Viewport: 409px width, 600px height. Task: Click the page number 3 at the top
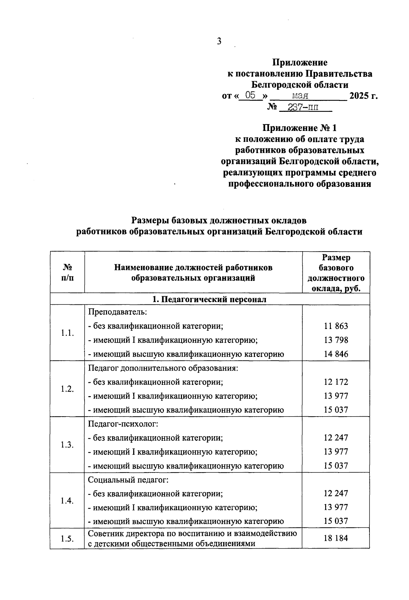219,41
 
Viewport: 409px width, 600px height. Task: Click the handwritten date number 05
250,95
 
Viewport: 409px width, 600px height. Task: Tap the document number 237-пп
303,107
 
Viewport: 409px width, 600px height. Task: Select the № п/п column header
67,272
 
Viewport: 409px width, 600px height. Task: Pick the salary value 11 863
336,326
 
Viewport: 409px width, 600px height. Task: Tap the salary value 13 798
336,340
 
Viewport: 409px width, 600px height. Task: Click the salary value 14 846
336,354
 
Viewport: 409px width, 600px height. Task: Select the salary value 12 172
336,382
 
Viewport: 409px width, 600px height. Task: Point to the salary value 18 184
336,538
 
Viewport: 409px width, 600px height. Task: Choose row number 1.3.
67,445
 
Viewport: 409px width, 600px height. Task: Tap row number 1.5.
67,539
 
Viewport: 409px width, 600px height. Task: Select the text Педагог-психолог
123,424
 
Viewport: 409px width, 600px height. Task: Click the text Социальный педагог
128,480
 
